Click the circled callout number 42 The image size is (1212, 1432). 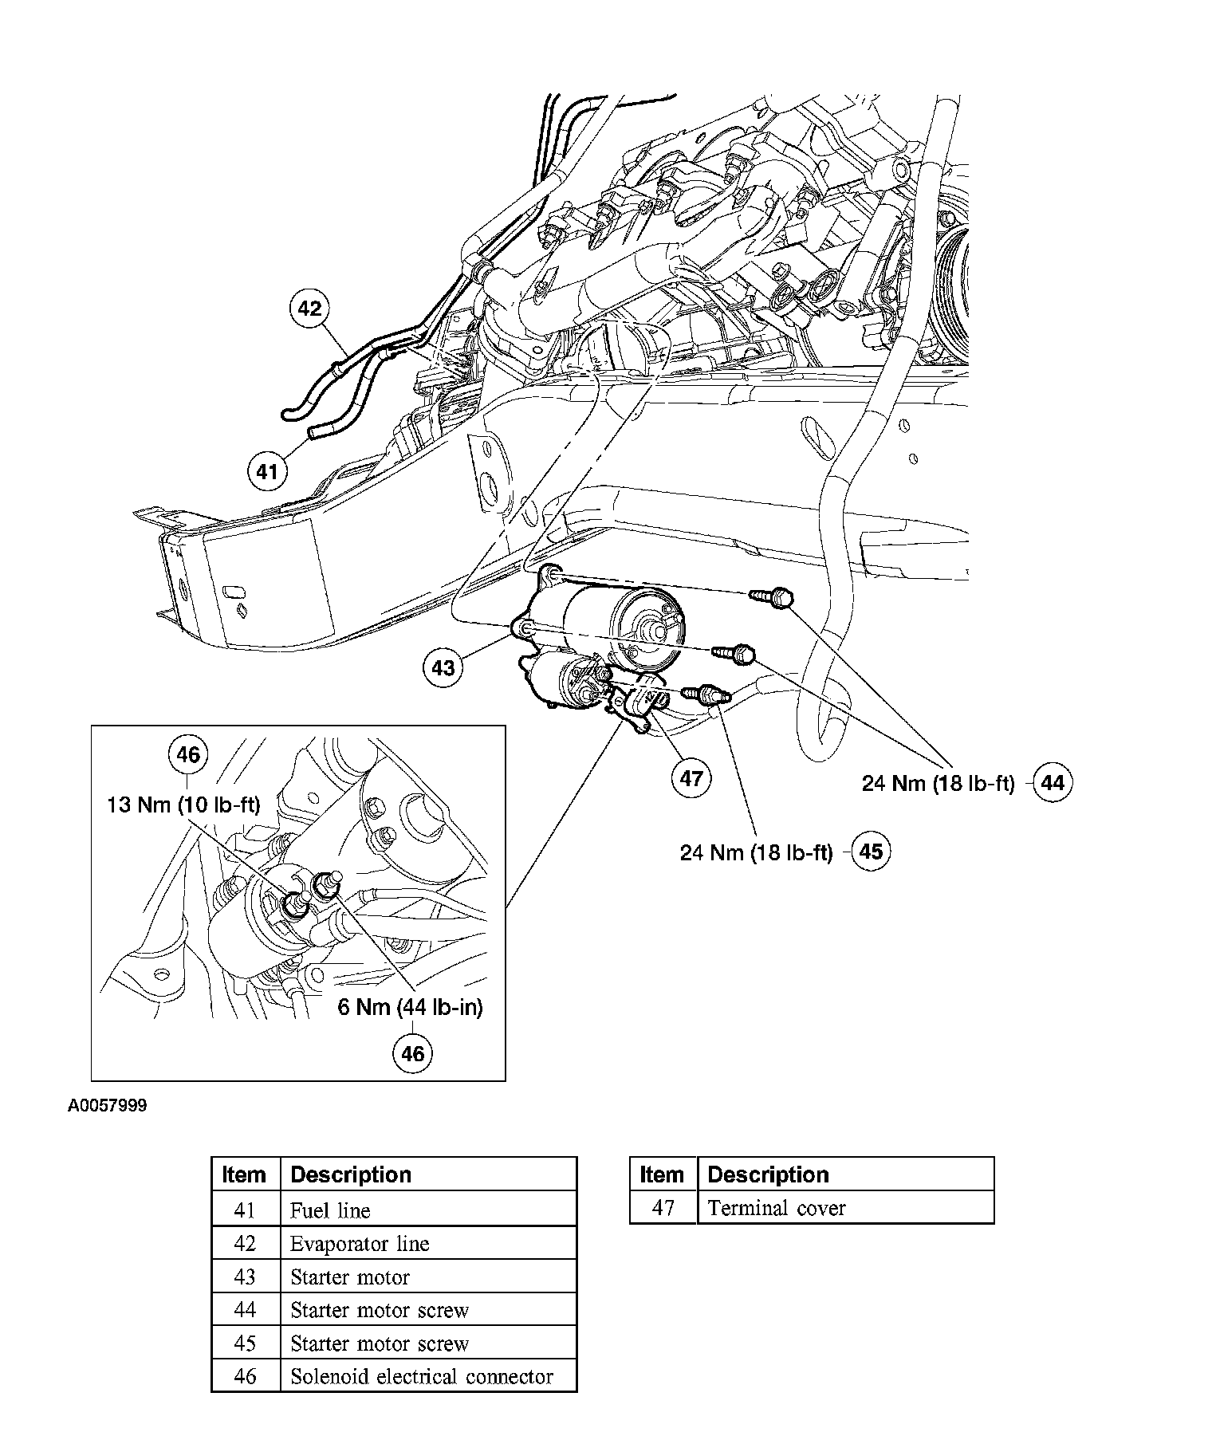click(309, 309)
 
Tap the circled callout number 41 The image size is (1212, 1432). click(266, 472)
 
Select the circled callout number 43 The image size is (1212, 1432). click(443, 667)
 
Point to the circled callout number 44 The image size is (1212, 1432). click(1053, 783)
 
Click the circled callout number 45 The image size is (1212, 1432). click(872, 852)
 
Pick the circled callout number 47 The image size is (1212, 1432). click(691, 777)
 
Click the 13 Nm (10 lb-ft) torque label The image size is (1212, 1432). click(183, 805)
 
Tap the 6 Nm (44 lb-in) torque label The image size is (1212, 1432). click(410, 1007)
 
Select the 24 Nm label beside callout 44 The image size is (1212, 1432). click(938, 783)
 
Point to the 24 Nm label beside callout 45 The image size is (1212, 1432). click(756, 852)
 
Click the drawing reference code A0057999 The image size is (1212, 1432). click(107, 1106)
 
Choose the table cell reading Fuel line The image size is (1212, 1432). click(428, 1210)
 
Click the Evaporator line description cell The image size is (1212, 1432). click(428, 1244)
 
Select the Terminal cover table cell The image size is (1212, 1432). click(845, 1208)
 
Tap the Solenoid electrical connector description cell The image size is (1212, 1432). click(428, 1376)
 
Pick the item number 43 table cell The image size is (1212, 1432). click(245, 1277)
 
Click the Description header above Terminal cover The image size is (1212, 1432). click(845, 1174)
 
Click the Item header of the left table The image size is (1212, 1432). click(245, 1174)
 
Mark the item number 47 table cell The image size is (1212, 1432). click(663, 1208)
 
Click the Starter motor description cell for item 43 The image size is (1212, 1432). click(428, 1277)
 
